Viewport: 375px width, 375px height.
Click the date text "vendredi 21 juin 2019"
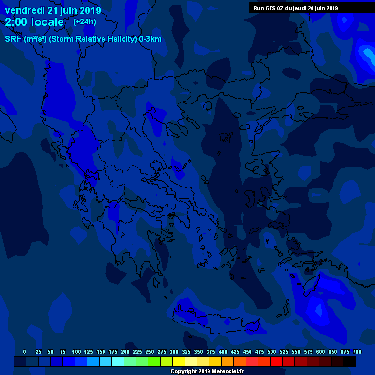click(x=53, y=10)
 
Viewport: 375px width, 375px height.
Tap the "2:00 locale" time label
click(x=34, y=22)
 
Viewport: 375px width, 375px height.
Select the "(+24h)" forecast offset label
click(x=84, y=22)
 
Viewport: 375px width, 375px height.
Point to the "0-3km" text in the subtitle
click(x=150, y=39)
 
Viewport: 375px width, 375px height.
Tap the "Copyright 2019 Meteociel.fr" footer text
click(x=207, y=371)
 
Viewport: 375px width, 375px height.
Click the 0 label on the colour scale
click(x=25, y=352)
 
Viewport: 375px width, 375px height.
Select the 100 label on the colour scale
click(x=76, y=352)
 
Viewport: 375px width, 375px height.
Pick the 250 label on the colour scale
click(x=150, y=352)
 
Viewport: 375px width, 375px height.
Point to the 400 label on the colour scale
click(x=223, y=352)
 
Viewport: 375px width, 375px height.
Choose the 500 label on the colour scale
click(x=272, y=352)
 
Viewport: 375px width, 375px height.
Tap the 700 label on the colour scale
click(x=357, y=352)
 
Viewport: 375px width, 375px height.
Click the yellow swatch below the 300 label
click(x=179, y=361)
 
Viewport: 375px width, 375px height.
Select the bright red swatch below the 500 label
click(x=276, y=361)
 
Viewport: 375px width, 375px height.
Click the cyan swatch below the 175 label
click(x=118, y=361)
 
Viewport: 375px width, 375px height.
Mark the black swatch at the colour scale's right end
click(x=350, y=361)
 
